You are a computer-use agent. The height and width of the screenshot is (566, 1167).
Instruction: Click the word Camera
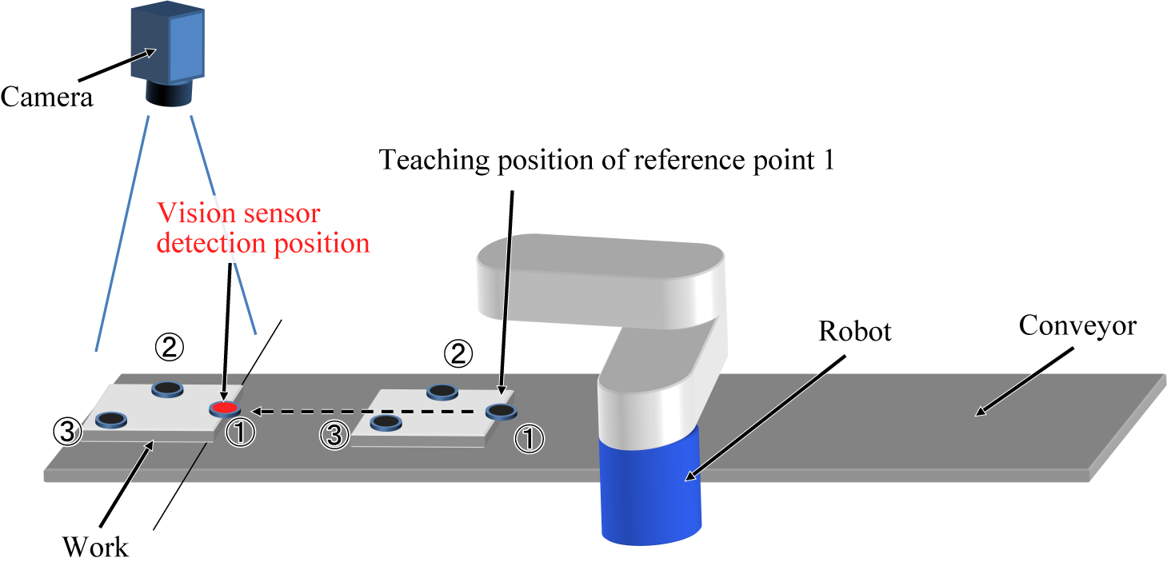pyautogui.click(x=46, y=98)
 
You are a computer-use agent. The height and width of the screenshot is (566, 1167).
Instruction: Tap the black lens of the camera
pyautogui.click(x=169, y=96)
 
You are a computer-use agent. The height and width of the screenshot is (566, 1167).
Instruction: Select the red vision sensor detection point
pyautogui.click(x=224, y=409)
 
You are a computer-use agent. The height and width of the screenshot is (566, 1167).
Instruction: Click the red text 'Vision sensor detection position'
pyautogui.click(x=262, y=229)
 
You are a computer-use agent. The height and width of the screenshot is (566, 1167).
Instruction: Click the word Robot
pyautogui.click(x=854, y=331)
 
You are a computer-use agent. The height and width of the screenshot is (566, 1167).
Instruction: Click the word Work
pyautogui.click(x=95, y=548)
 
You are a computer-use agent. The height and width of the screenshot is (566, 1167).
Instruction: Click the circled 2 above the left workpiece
pyautogui.click(x=169, y=348)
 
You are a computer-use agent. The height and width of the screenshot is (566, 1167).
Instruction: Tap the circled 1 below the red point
pyautogui.click(x=241, y=433)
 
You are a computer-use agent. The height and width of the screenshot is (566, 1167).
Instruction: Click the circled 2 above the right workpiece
pyautogui.click(x=458, y=354)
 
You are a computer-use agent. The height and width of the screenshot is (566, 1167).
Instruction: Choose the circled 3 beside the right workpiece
pyautogui.click(x=334, y=436)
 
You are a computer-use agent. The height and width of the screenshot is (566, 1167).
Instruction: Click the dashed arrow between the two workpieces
pyautogui.click(x=368, y=412)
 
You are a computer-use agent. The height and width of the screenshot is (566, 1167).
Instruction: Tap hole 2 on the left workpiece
pyautogui.click(x=166, y=389)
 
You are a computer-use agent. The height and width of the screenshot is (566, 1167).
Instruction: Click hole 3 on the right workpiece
pyautogui.click(x=385, y=421)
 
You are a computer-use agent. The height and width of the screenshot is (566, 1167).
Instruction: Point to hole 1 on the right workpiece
pyautogui.click(x=501, y=412)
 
